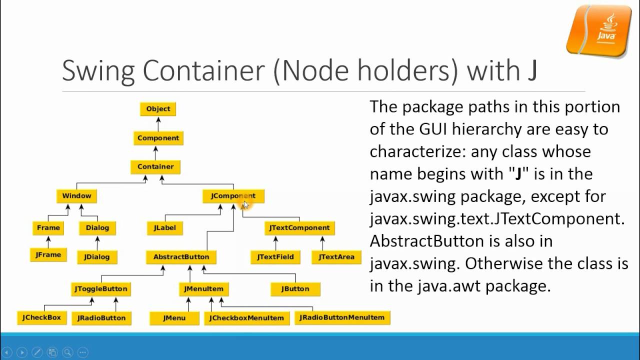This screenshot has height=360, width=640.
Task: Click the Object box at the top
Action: (158, 109)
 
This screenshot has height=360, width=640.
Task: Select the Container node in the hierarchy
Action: (155, 167)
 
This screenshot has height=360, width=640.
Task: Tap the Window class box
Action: (76, 196)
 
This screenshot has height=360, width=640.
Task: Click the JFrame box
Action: (48, 255)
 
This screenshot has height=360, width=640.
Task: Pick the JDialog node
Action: (97, 257)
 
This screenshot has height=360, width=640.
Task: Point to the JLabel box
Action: (164, 228)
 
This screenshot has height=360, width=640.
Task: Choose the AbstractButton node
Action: (181, 257)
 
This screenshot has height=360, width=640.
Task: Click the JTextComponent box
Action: (299, 228)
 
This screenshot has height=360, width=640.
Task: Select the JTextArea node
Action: (336, 257)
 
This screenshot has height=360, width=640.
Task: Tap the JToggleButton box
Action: (101, 289)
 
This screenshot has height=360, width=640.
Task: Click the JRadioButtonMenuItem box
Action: (342, 317)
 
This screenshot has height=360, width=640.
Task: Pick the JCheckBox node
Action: (41, 317)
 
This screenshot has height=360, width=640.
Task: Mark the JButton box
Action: (295, 289)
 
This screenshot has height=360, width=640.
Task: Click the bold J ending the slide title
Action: (532, 70)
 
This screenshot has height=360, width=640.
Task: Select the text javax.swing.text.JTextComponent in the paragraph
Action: (497, 218)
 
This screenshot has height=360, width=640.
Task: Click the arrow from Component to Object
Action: (158, 123)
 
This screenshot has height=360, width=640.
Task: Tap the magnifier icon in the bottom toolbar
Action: (67, 352)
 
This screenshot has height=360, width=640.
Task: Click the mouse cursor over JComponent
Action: (245, 204)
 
